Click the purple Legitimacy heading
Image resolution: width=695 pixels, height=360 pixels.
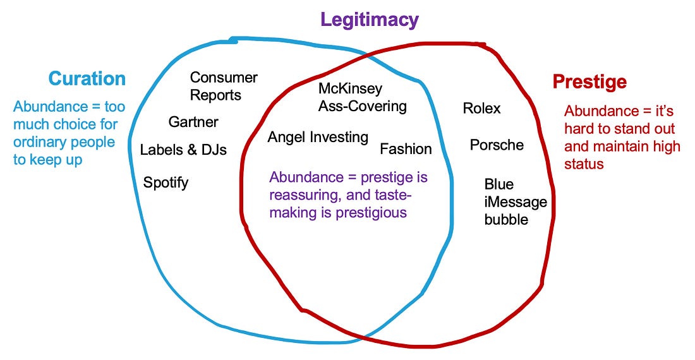tap(369, 20)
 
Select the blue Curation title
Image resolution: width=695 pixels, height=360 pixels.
tap(87, 79)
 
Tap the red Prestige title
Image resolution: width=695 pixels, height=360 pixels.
tap(589, 82)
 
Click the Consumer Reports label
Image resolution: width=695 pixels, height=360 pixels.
tap(224, 87)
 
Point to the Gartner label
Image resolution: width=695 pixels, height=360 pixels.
tap(193, 122)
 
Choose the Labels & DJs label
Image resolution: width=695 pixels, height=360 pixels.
tap(183, 150)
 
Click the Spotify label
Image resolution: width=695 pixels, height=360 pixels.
tap(166, 183)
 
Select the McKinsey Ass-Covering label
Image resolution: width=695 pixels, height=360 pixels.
tap(363, 97)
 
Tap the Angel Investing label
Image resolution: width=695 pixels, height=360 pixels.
tap(318, 137)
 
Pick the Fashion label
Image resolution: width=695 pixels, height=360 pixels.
tap(406, 149)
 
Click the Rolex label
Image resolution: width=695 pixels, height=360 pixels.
tap(482, 108)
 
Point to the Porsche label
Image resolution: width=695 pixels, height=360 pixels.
tap(497, 145)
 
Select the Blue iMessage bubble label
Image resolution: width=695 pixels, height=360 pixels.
tap(516, 202)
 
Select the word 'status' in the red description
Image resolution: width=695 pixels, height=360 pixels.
tap(584, 164)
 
